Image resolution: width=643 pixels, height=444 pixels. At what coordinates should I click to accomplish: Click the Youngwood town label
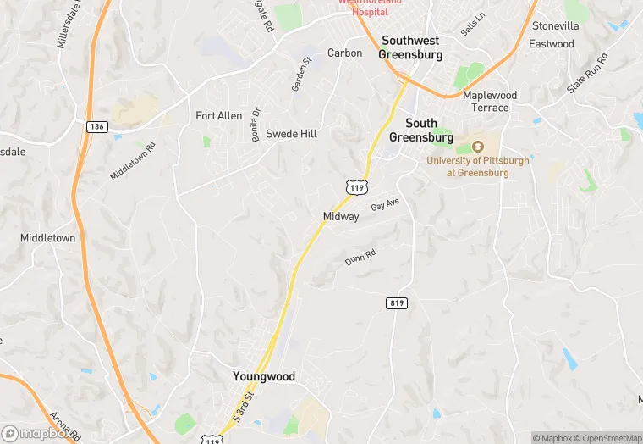coord(264,376)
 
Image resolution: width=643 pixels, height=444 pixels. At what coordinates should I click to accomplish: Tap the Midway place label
coord(341,217)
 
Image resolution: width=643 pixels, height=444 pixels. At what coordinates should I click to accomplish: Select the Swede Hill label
coord(291,134)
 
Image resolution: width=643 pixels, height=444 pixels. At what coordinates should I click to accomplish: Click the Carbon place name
coord(344,53)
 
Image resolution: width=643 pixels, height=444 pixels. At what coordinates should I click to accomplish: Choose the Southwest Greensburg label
coord(412,47)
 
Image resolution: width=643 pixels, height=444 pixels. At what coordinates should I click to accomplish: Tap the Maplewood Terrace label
coord(490,102)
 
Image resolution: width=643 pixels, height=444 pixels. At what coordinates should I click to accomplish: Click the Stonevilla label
coord(556,26)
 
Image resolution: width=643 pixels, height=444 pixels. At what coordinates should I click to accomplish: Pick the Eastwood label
coord(552,44)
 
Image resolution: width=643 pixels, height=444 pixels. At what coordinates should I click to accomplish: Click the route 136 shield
coord(96,126)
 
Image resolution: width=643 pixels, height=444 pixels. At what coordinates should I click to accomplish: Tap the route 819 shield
coord(395,302)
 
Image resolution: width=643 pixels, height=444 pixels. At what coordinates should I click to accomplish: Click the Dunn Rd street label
coord(360,258)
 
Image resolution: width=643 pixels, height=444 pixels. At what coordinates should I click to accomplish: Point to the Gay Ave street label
coord(385,205)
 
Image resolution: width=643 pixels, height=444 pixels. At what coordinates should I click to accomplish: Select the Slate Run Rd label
coord(588,73)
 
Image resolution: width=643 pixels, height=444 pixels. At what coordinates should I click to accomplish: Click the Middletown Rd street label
coord(133,160)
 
